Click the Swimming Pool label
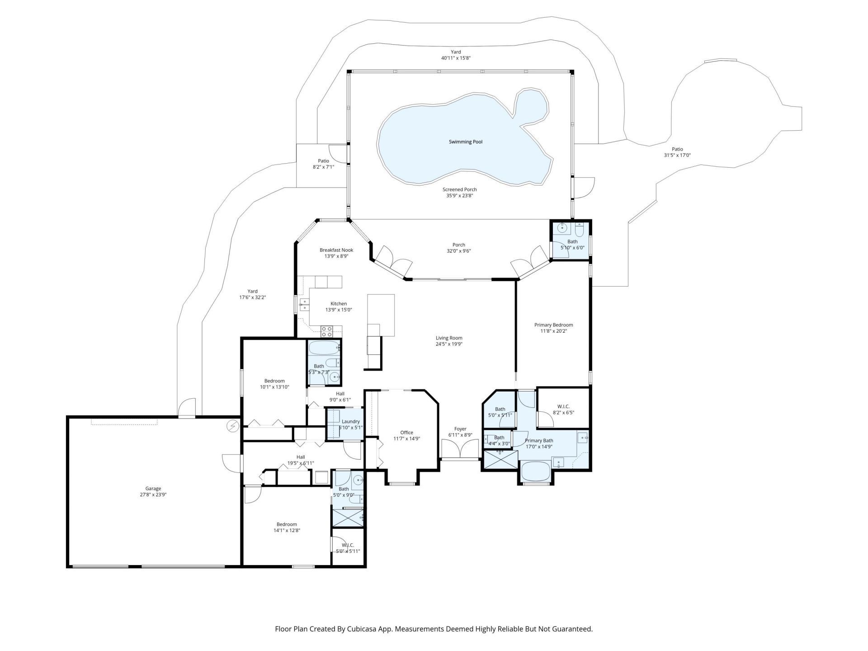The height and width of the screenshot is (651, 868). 465,142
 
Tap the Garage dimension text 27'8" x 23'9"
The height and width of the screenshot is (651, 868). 153,495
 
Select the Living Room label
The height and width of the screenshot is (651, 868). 448,338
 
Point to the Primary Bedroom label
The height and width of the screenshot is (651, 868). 553,325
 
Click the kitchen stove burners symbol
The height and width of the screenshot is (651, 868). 326,331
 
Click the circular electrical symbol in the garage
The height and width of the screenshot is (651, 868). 233,426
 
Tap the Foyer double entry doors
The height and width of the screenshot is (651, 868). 460,450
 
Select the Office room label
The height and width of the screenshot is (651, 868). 406,433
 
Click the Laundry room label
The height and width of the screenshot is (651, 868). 350,421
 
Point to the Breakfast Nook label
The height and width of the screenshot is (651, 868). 336,250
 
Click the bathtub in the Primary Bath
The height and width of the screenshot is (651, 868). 535,472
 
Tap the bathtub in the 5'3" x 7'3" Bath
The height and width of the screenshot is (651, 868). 322,349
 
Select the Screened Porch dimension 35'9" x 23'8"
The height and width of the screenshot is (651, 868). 459,196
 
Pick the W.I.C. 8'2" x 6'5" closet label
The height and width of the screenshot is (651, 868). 563,406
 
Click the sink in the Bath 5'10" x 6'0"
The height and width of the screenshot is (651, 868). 562,228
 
